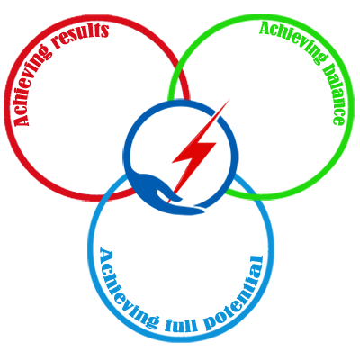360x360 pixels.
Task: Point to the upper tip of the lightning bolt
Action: coord(229,99)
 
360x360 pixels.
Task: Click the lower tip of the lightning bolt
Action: coord(169,202)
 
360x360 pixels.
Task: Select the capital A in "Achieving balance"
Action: coord(266,29)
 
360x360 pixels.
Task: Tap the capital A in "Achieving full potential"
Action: coord(107,255)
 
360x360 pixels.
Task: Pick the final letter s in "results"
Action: coord(103,30)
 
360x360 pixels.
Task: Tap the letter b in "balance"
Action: coord(327,68)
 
